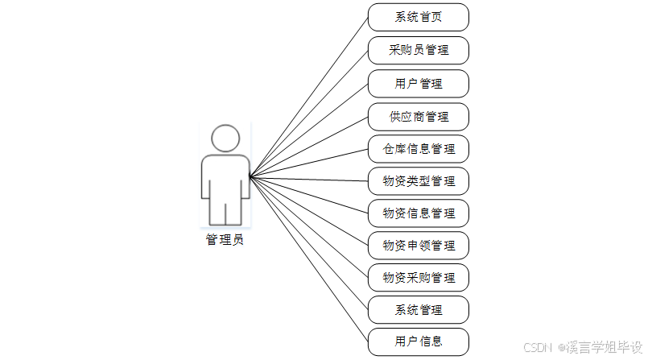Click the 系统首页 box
[x=418, y=17]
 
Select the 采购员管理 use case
[x=418, y=50]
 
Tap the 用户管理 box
[x=418, y=83]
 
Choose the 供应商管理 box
[x=418, y=117]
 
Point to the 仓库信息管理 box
[x=418, y=149]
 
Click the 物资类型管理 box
[x=418, y=181]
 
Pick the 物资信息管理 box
[x=418, y=213]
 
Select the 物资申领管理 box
[x=418, y=246]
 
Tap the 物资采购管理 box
[x=418, y=278]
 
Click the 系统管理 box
[x=418, y=310]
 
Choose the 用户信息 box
[x=418, y=341]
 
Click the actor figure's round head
[x=225, y=139]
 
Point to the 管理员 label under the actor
[x=225, y=239]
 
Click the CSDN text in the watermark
[x=536, y=347]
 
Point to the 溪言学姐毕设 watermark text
[x=600, y=347]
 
